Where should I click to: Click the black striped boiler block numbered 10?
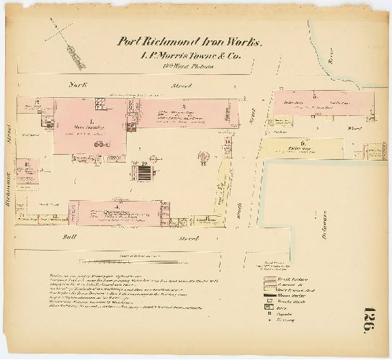point(144,173)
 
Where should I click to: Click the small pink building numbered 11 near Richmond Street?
point(27,169)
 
